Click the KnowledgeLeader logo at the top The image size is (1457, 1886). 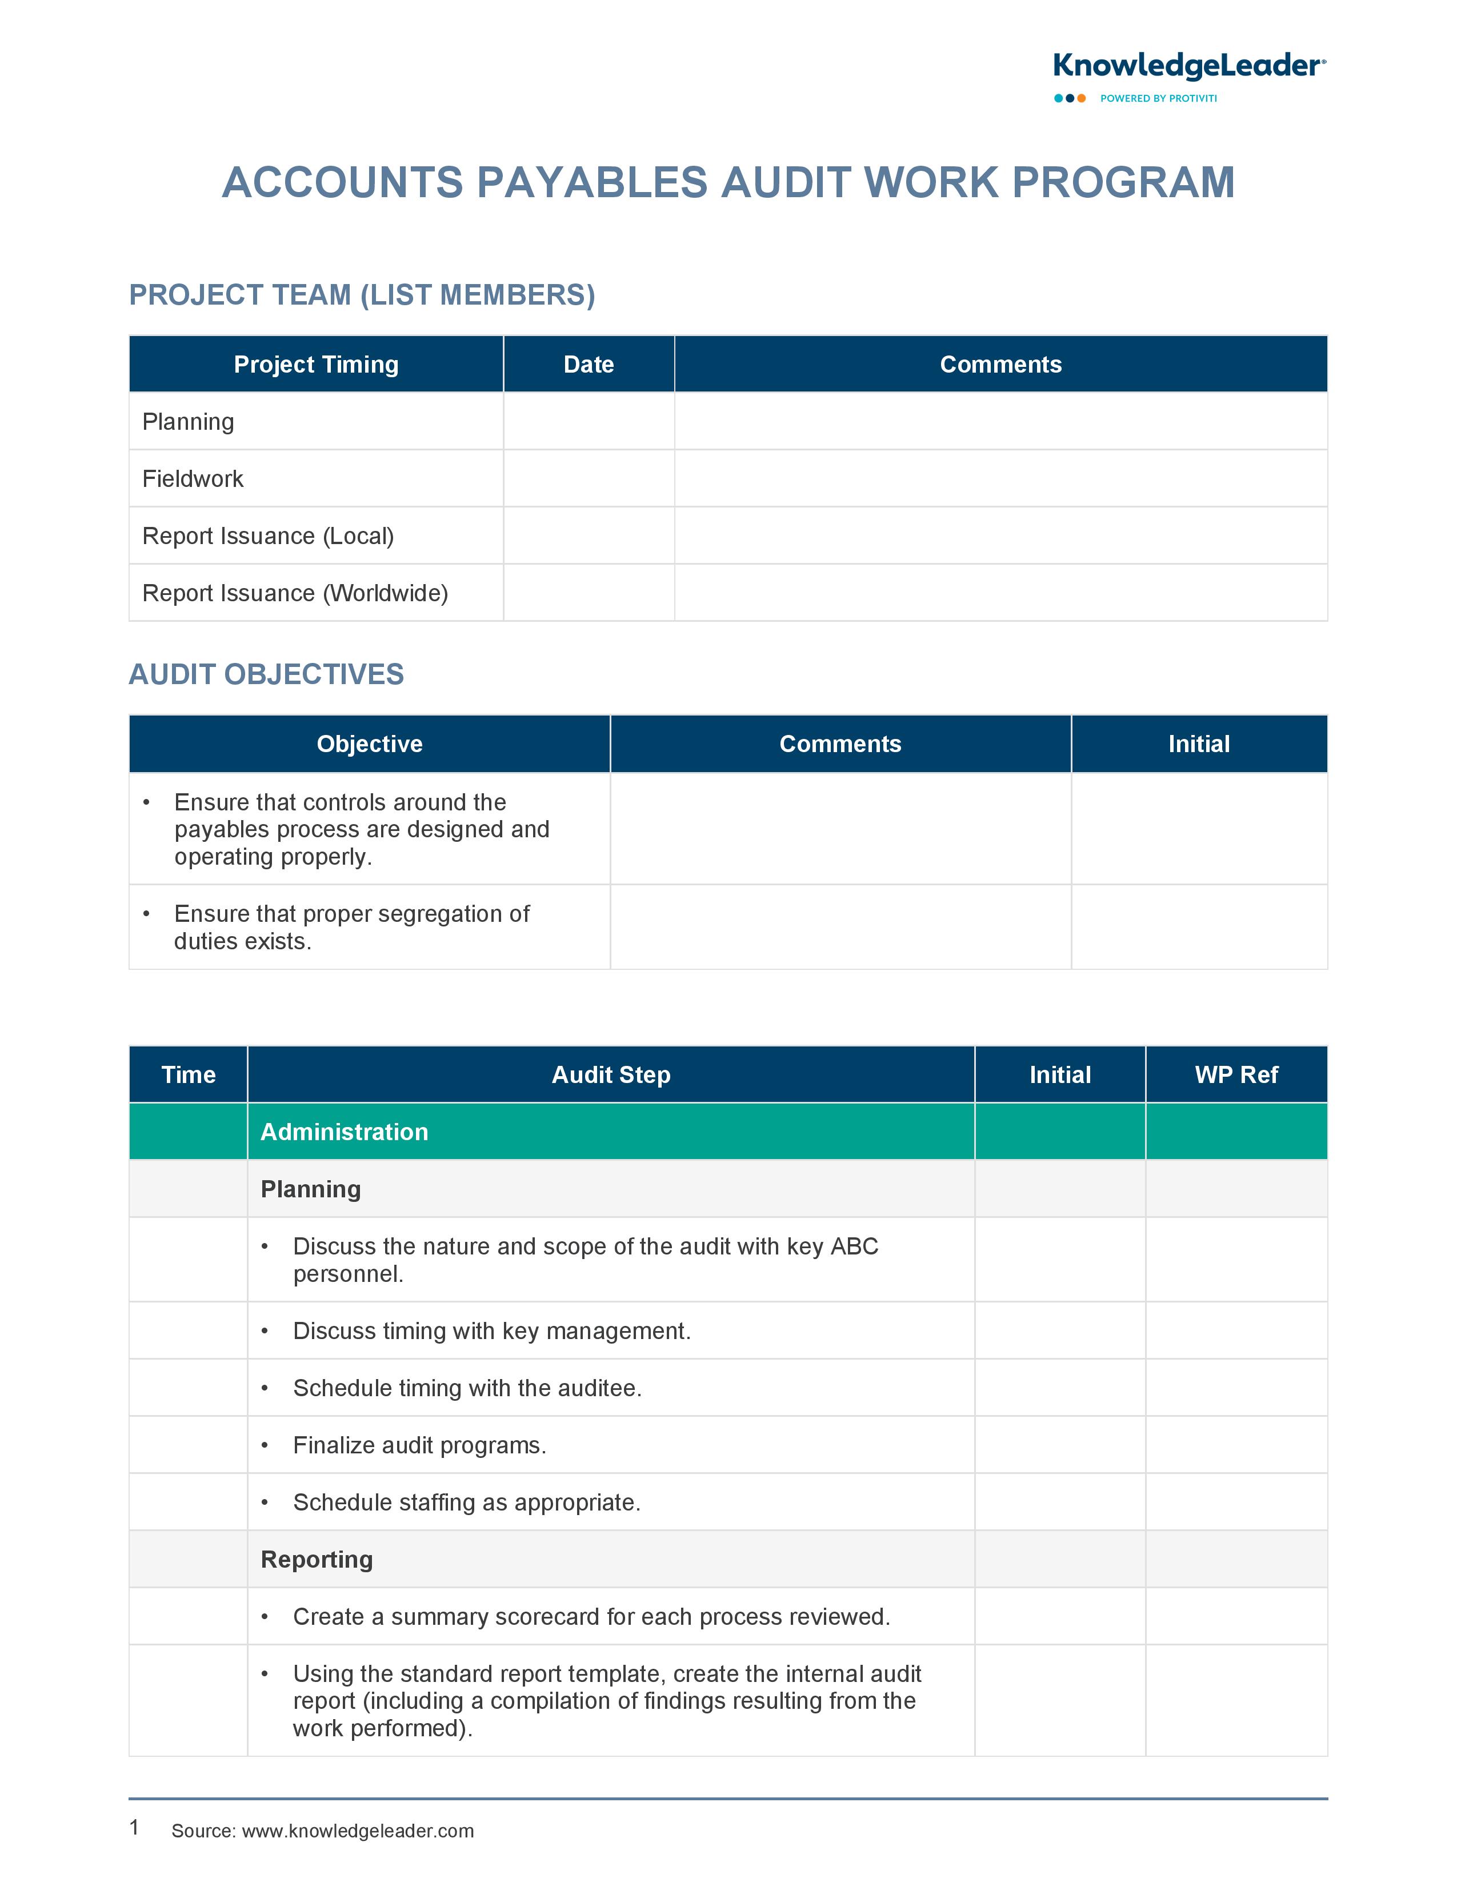pyautogui.click(x=1188, y=66)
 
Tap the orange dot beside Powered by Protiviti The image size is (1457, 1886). pyautogui.click(x=1082, y=98)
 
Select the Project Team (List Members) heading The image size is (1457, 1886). pyautogui.click(x=362, y=295)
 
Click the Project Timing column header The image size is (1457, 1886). pyautogui.click(x=316, y=365)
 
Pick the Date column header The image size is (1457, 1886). pyautogui.click(x=589, y=365)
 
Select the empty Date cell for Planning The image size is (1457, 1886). pyautogui.click(x=589, y=421)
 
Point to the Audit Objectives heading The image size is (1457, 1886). pyautogui.click(x=266, y=674)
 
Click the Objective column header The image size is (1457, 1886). pyautogui.click(x=370, y=744)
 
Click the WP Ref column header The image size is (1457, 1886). pyautogui.click(x=1236, y=1074)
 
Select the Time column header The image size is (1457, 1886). pyautogui.click(x=188, y=1074)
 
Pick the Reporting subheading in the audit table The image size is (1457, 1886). pyautogui.click(x=317, y=1560)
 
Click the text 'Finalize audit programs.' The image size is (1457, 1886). pyautogui.click(x=419, y=1445)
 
